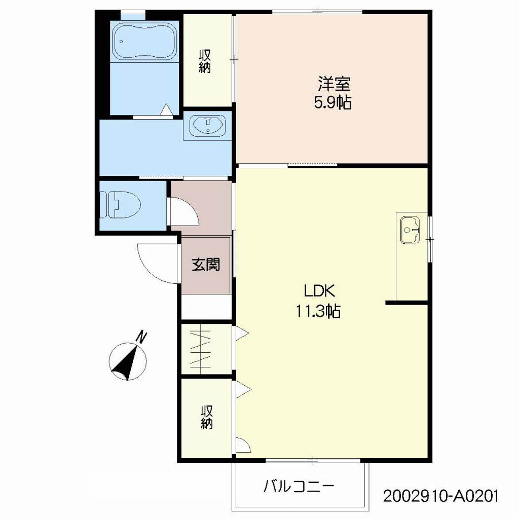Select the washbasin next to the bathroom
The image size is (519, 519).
point(207,126)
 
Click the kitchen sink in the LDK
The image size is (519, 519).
point(410,230)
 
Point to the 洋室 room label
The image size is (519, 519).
point(334,84)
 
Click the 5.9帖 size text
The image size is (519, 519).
point(332,102)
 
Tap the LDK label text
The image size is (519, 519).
point(320,291)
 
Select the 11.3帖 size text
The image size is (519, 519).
point(318,311)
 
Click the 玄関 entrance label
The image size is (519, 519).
point(206,265)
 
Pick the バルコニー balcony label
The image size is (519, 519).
point(299,486)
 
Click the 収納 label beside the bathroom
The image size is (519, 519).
point(205,61)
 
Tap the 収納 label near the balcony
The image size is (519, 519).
point(207,418)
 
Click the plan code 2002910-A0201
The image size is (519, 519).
point(440,496)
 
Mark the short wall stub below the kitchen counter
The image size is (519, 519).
point(407,303)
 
